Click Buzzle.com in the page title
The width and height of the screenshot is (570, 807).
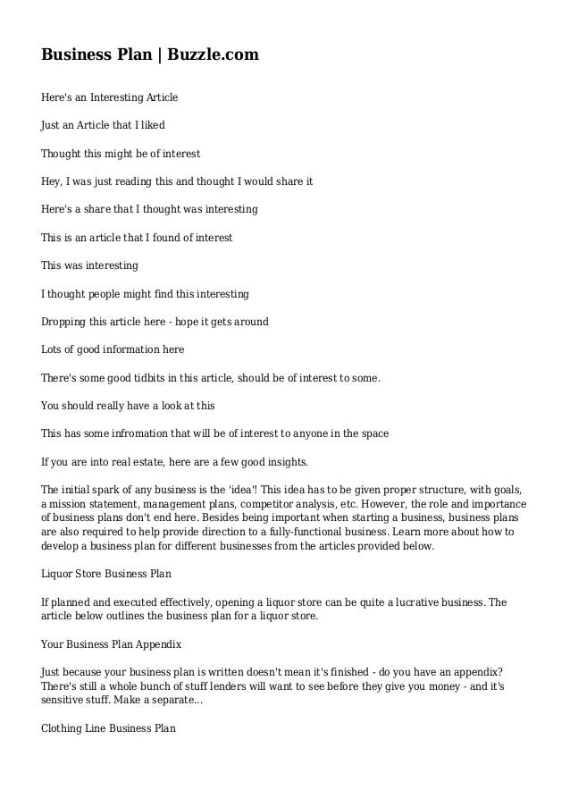tap(215, 55)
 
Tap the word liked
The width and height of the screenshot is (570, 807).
tap(153, 126)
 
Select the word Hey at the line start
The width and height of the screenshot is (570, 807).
tap(50, 181)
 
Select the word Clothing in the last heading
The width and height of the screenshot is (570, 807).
tap(63, 727)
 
